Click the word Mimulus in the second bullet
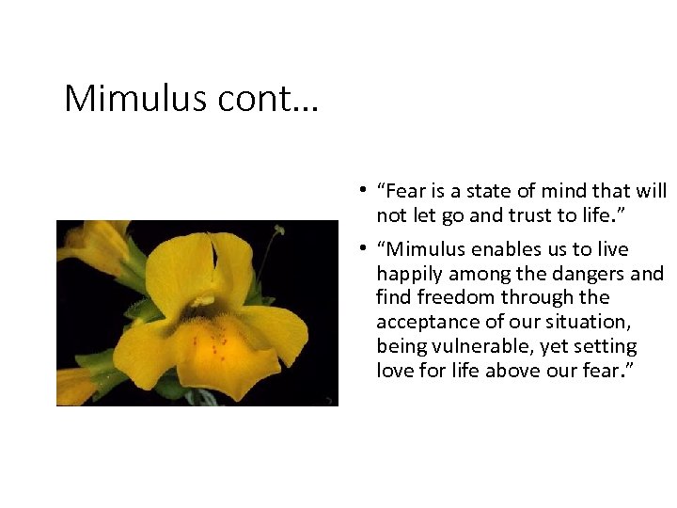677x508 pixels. (x=423, y=249)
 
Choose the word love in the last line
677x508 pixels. (x=395, y=372)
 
